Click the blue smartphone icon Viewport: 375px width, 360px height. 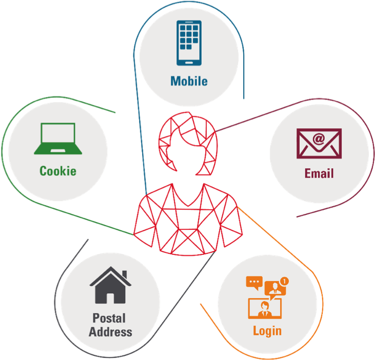[x=189, y=43]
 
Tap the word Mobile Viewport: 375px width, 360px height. [x=189, y=81]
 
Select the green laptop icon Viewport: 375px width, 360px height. [x=58, y=138]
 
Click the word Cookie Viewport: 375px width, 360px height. [x=58, y=171]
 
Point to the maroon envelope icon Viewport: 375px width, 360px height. [x=319, y=143]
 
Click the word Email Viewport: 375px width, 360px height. [x=319, y=173]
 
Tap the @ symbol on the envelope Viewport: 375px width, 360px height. [x=319, y=138]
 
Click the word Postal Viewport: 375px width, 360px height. [x=109, y=318]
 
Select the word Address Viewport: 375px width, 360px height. [x=110, y=332]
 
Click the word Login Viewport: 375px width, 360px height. [x=267, y=330]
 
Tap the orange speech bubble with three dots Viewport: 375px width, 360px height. [x=254, y=282]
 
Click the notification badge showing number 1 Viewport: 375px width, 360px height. [x=285, y=281]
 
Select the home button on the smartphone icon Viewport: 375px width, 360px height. [x=189, y=62]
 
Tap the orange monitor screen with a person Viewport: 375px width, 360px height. [x=265, y=308]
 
